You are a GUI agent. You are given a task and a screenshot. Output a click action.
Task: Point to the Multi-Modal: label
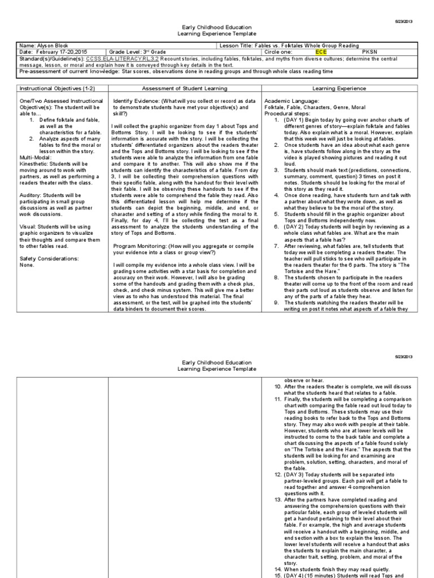pos(36,158)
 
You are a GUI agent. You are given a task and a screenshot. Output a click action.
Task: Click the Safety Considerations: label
pos(49,259)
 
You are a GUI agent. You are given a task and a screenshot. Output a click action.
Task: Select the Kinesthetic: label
pos(36,164)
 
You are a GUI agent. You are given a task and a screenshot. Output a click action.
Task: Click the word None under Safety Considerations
pos(27,265)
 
